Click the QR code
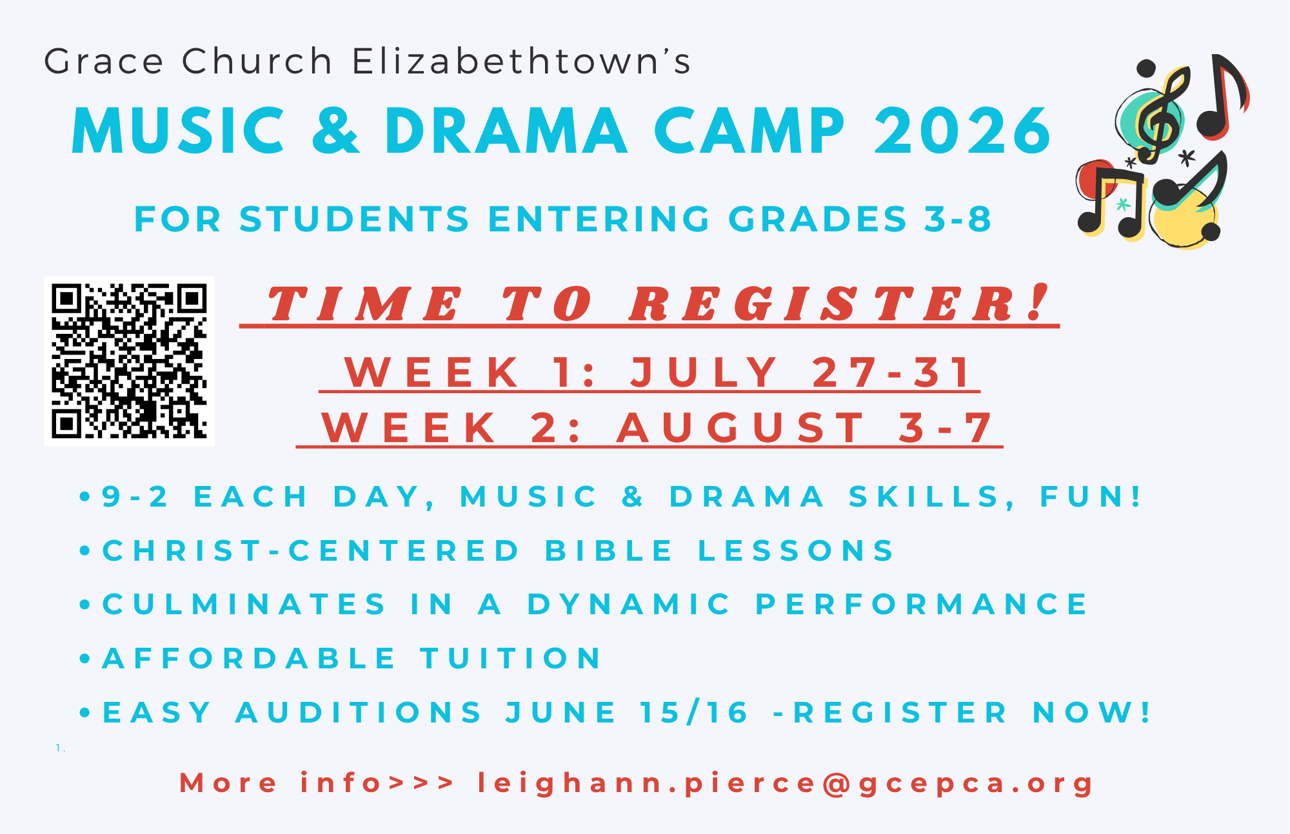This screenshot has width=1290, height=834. click(x=129, y=361)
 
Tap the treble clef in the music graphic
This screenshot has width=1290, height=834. click(x=1161, y=116)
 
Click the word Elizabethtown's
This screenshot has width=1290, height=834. click(x=521, y=62)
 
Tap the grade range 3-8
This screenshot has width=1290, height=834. click(x=958, y=219)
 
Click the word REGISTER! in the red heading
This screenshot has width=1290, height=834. click(x=838, y=304)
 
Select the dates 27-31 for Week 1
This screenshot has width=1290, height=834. click(x=891, y=373)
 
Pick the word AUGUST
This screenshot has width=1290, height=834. click(x=742, y=428)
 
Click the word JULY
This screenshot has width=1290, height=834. click(x=704, y=373)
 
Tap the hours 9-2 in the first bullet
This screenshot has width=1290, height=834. click(x=135, y=497)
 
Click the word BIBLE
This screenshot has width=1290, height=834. click(x=610, y=551)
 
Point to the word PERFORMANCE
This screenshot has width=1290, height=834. click(x=922, y=605)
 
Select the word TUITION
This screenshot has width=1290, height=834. click(x=511, y=659)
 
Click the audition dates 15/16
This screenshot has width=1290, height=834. click(x=694, y=713)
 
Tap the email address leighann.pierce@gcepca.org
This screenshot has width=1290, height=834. click(x=786, y=784)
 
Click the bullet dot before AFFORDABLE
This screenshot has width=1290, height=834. click(x=84, y=659)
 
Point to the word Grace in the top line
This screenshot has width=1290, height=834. click(x=104, y=62)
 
